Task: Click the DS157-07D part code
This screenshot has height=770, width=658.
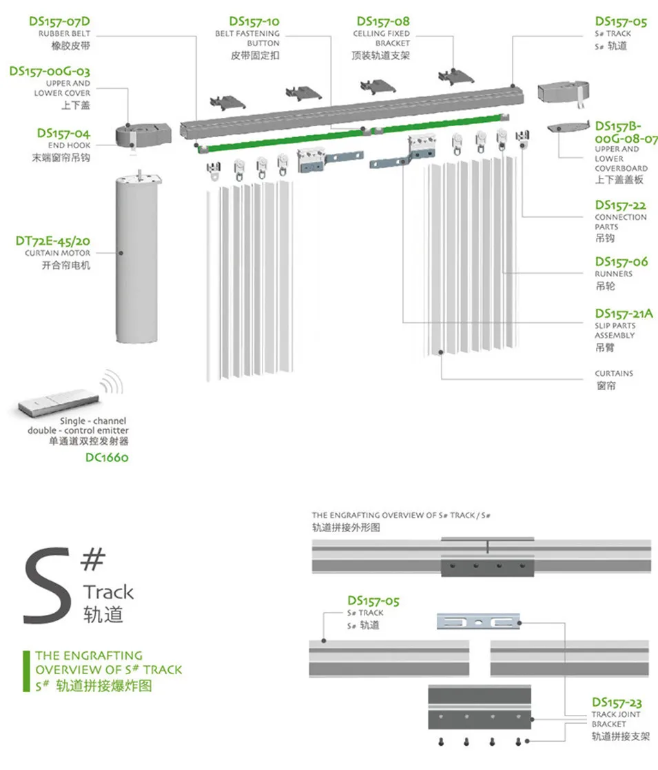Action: click(59, 21)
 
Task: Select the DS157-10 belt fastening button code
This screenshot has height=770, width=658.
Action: click(255, 21)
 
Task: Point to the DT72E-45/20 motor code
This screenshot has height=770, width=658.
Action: click(53, 241)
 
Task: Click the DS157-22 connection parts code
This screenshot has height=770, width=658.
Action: click(621, 205)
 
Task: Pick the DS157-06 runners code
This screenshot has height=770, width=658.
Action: click(621, 262)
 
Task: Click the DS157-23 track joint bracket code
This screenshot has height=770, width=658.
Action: click(616, 703)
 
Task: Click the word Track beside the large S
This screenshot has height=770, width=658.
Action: click(108, 592)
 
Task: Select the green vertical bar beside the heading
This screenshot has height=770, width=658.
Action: click(26, 671)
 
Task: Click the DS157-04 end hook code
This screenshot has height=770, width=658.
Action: click(63, 133)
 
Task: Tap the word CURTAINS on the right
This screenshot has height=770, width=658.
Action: click(614, 374)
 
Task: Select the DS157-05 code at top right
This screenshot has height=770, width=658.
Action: click(621, 21)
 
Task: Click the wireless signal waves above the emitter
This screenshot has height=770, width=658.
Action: click(110, 381)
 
